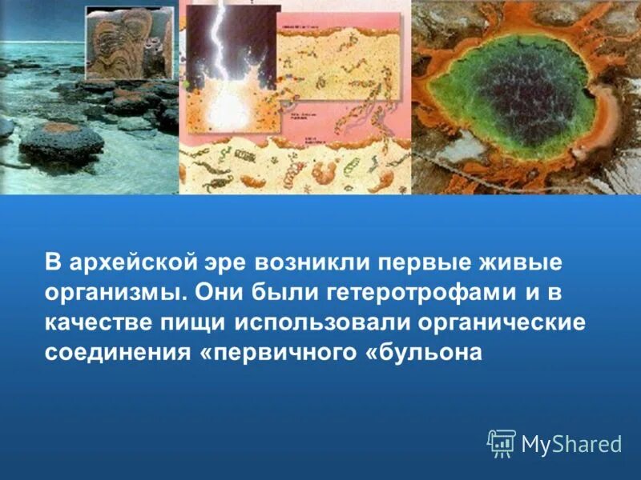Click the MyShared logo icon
[502, 442]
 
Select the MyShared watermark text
[571, 443]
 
